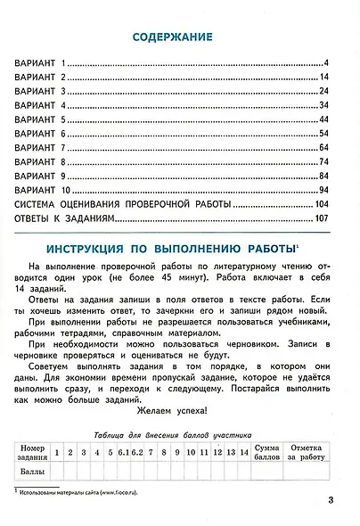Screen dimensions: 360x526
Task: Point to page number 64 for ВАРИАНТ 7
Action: pos(325,147)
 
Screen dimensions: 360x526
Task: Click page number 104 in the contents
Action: pos(323,204)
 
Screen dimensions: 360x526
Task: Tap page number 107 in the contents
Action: pos(323,218)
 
